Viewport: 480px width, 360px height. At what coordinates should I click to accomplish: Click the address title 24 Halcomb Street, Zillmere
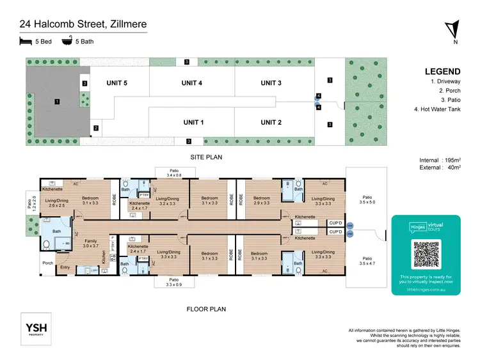coord(83,25)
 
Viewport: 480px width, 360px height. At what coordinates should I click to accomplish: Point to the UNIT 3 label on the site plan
coord(271,83)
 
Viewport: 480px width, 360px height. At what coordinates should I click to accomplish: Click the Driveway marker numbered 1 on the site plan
coord(57,101)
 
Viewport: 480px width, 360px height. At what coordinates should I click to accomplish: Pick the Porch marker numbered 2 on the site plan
coord(95,129)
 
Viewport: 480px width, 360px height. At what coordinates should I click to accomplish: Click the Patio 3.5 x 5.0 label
coord(367,200)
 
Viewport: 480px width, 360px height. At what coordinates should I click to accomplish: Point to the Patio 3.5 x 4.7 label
coord(367,260)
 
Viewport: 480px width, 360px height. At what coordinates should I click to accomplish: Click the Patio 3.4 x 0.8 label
coord(173,172)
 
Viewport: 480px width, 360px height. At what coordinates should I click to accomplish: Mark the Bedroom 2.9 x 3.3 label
coord(261,201)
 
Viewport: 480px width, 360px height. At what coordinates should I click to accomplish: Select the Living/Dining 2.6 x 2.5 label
coord(56,203)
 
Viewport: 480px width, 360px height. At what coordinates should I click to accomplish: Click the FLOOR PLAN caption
coord(206,309)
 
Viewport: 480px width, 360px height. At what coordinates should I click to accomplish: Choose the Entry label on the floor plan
coord(65,267)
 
